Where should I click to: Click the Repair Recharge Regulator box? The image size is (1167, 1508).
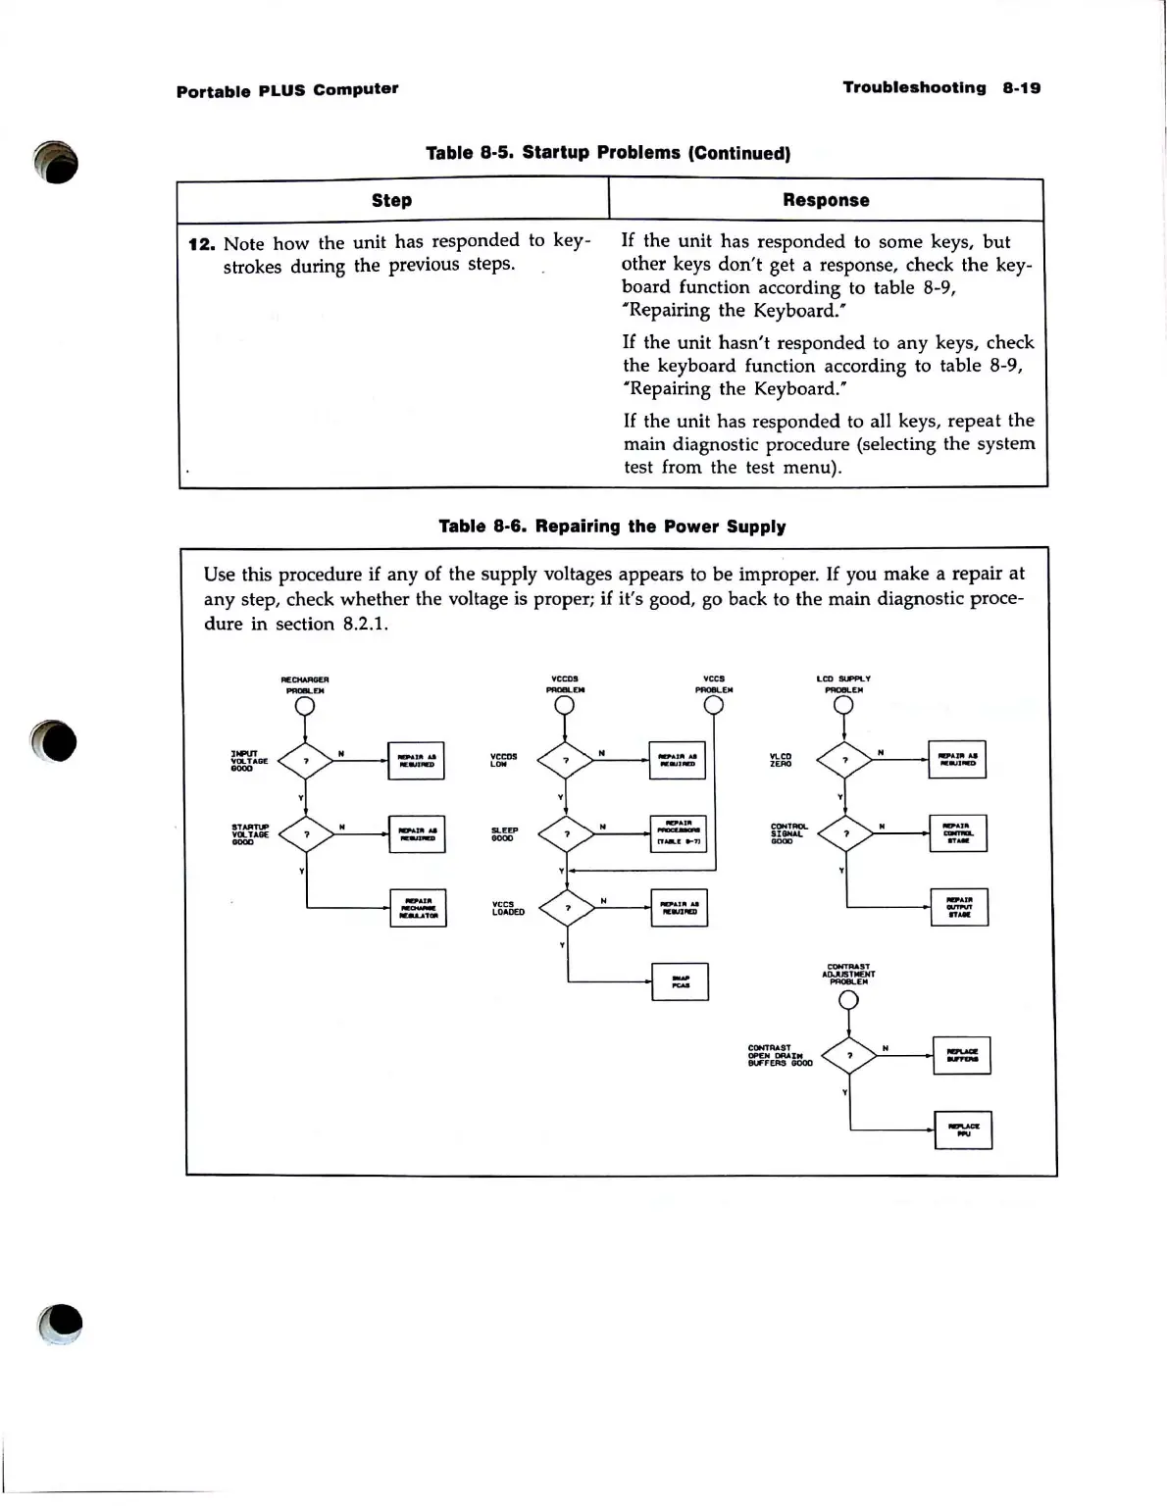419,908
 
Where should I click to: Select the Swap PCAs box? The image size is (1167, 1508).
680,981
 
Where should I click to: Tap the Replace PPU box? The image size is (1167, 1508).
963,1130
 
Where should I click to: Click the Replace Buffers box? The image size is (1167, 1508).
962,1055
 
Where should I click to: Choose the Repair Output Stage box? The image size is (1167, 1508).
959,907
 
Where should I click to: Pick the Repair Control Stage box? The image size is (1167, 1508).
958,833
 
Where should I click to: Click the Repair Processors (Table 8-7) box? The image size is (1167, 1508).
678,833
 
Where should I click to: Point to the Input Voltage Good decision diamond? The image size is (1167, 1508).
306,760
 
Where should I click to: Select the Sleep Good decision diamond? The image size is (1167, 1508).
566,834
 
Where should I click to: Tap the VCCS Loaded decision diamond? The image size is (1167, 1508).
567,908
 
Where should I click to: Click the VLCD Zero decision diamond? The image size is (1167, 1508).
844,760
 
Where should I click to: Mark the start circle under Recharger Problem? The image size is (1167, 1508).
305,706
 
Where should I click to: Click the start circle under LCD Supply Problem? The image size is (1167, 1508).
843,706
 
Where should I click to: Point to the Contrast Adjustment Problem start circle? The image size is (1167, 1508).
849,1000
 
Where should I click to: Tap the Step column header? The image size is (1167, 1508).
391,200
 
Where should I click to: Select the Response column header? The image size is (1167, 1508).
826,200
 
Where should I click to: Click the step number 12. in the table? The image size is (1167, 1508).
201,244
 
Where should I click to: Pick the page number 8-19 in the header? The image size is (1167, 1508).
1021,88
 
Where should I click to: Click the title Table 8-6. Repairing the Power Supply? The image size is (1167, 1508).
612,527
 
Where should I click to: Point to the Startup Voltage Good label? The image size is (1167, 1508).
250,834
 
